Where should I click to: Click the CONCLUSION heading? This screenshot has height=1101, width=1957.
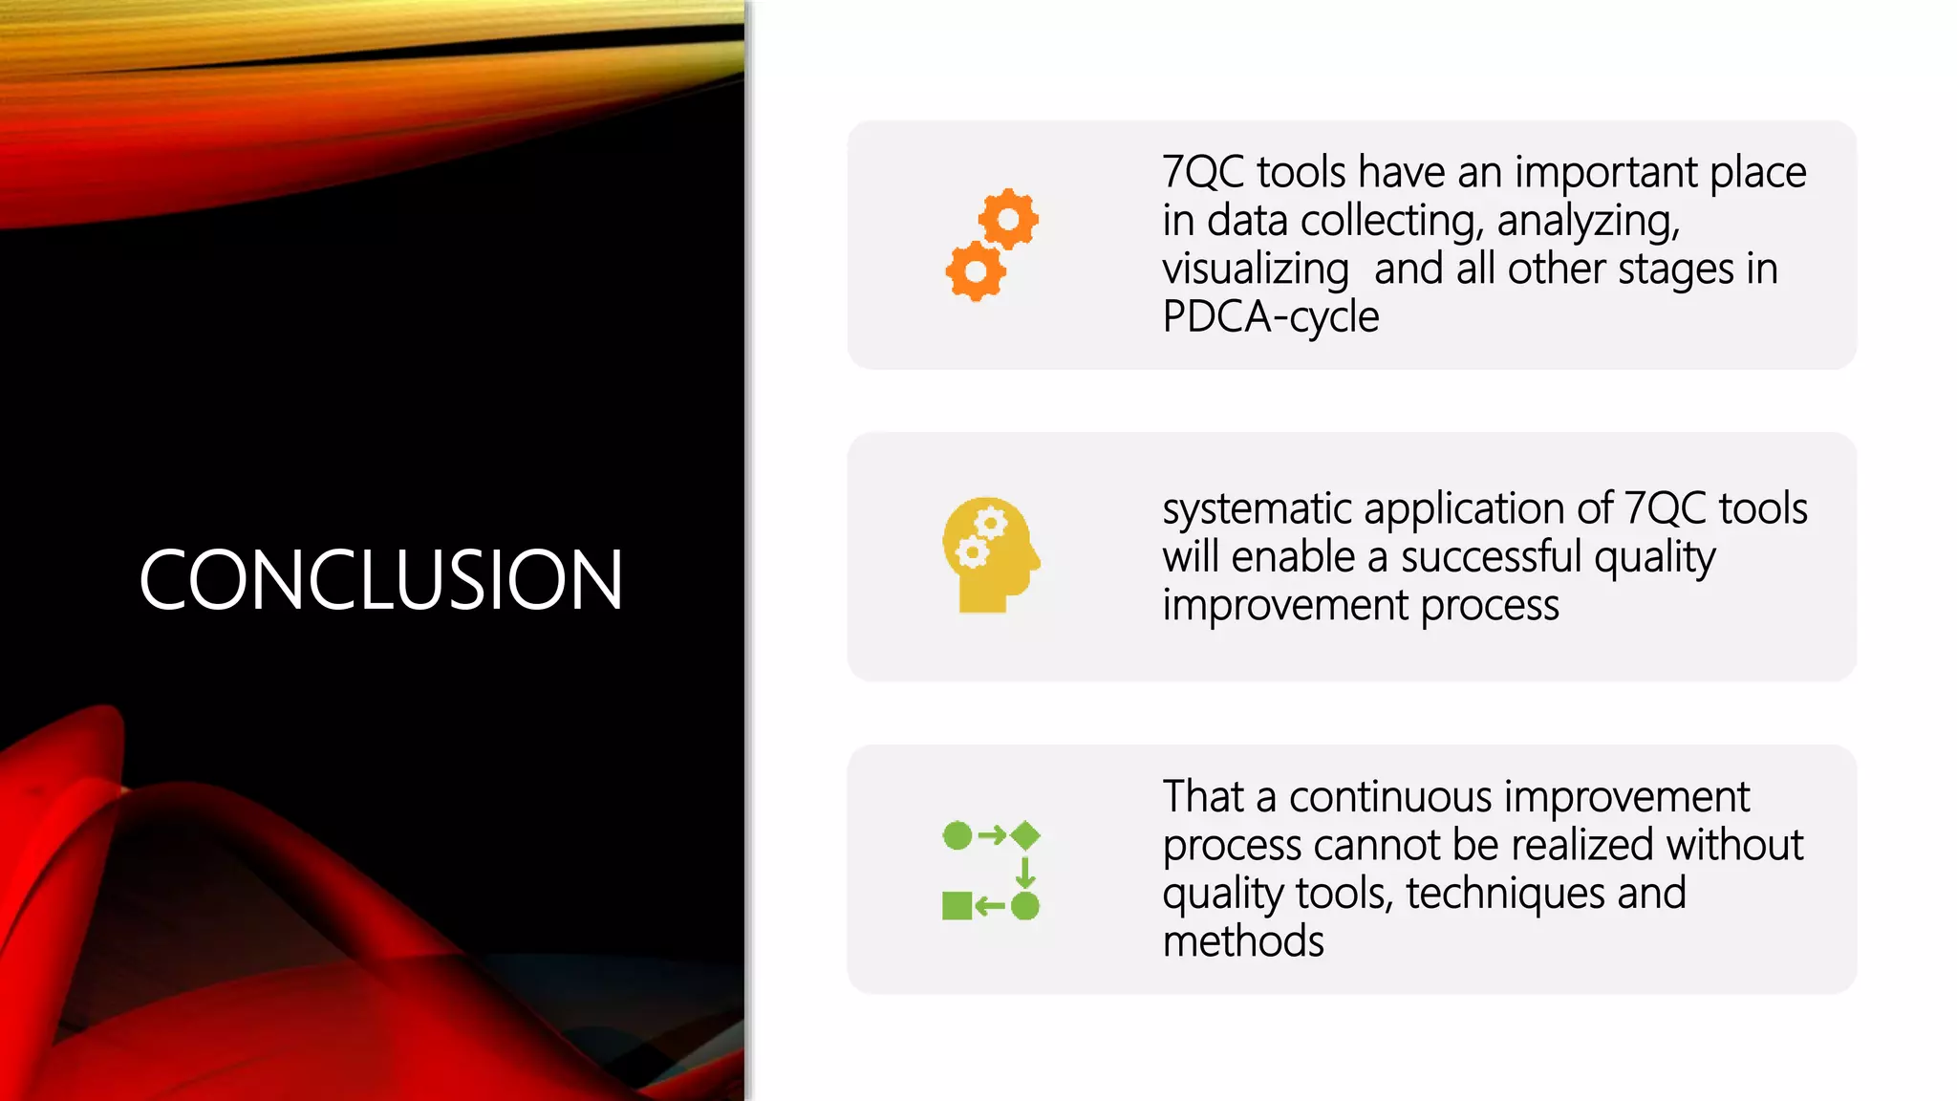pyautogui.click(x=381, y=579)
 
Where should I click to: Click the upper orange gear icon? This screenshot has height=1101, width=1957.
pyautogui.click(x=1008, y=220)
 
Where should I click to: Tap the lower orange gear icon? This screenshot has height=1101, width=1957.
pyautogui.click(x=976, y=271)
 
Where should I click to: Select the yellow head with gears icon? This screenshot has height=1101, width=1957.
pyautogui.click(x=989, y=554)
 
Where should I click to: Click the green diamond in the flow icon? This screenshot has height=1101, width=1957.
pyautogui.click(x=1025, y=835)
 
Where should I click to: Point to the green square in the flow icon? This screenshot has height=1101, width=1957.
pyautogui.click(x=957, y=905)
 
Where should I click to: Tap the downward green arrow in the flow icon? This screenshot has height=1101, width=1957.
pyautogui.click(x=1025, y=872)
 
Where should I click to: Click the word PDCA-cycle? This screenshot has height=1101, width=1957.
pyautogui.click(x=1270, y=317)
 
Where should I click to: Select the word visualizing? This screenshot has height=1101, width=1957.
pyautogui.click(x=1255, y=270)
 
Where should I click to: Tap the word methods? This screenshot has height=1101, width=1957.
pyautogui.click(x=1243, y=941)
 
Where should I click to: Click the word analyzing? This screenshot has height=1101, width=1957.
pyautogui.click(x=1587, y=222)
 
